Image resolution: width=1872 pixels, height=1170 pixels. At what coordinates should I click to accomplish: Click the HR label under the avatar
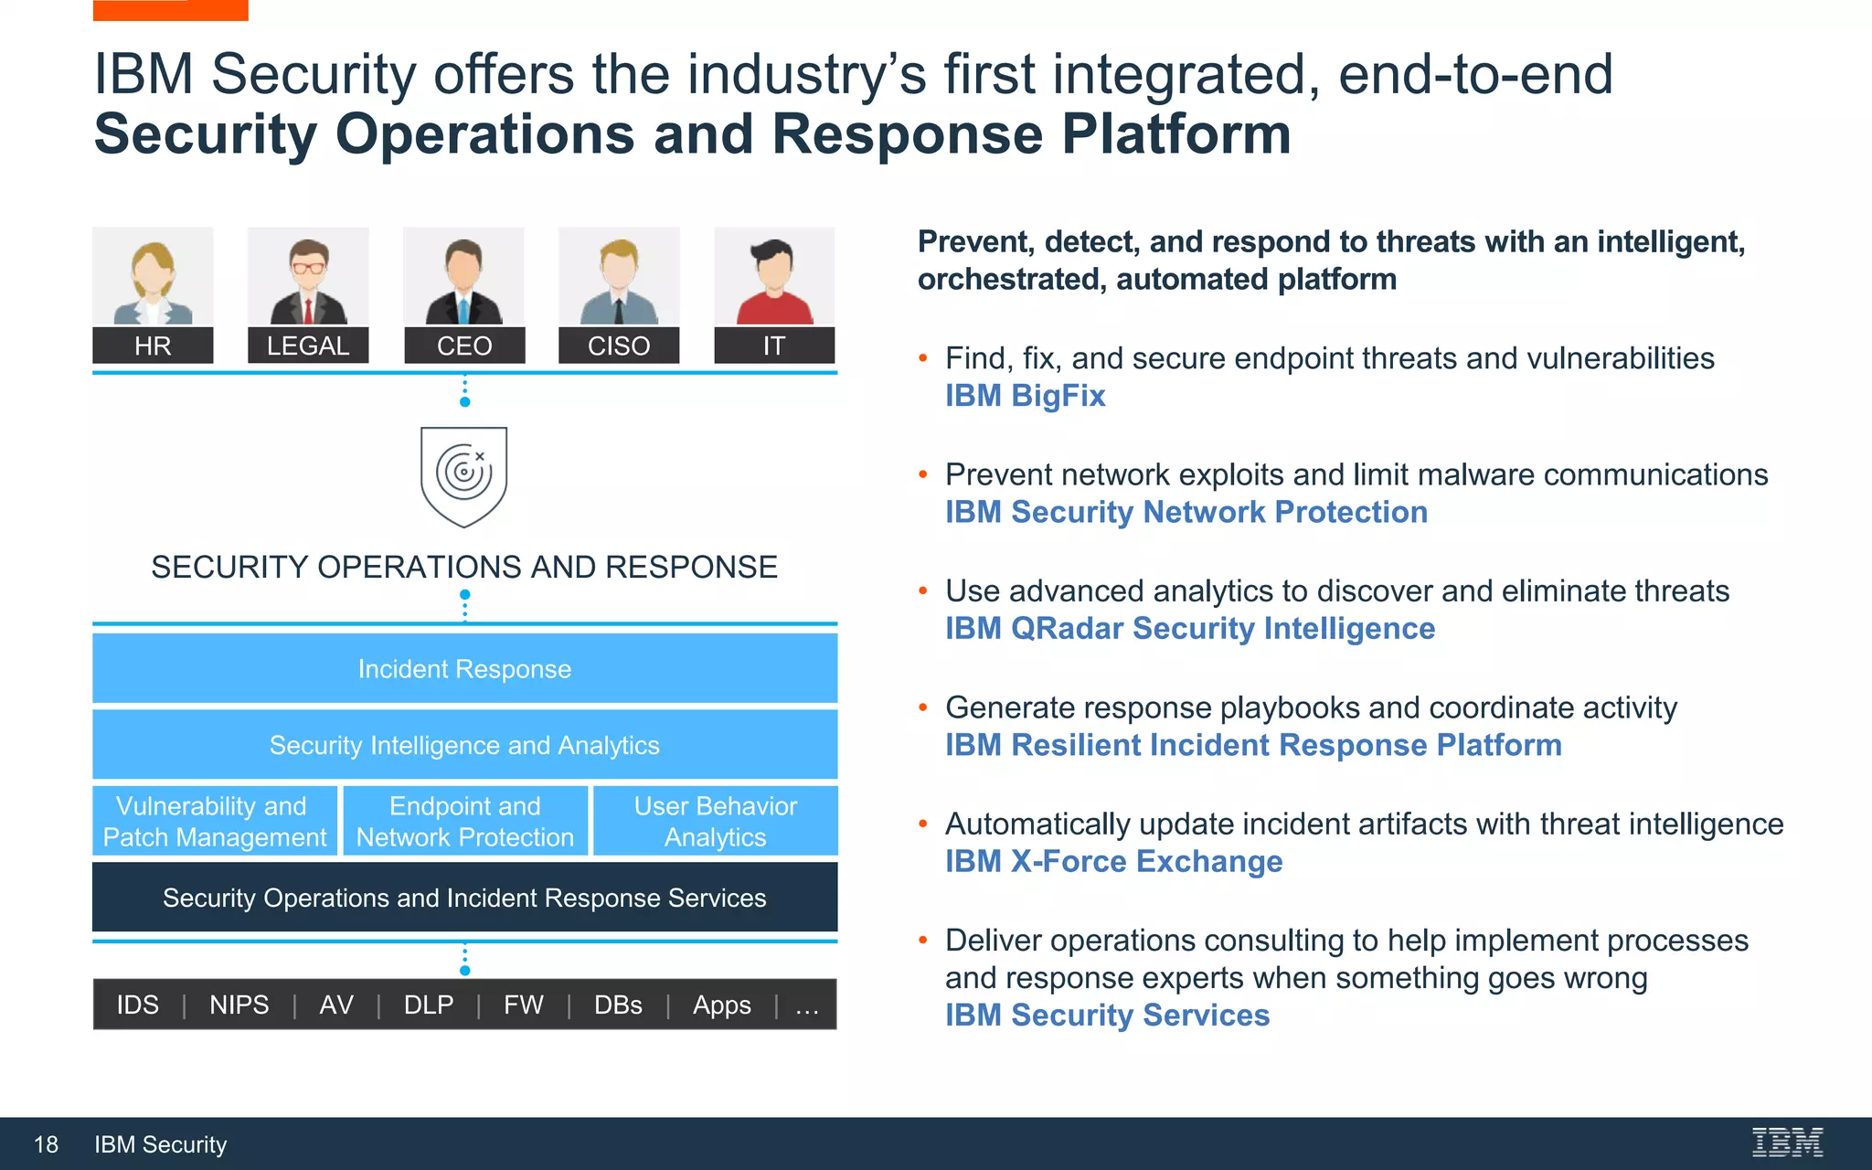click(153, 346)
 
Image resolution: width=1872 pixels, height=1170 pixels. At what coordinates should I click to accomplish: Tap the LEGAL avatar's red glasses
click(308, 268)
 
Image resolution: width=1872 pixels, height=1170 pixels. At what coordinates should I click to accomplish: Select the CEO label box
click(464, 346)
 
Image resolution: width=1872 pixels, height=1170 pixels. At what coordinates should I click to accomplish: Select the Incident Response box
click(464, 669)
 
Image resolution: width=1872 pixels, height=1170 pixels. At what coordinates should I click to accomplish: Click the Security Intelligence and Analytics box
click(464, 745)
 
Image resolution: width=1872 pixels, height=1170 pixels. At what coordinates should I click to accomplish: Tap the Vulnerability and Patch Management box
click(215, 821)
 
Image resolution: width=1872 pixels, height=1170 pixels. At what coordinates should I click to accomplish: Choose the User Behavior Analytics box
click(715, 821)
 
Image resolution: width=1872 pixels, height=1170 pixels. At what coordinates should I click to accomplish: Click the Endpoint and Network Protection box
click(464, 821)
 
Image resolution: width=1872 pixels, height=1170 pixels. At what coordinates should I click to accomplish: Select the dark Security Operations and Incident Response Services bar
click(464, 898)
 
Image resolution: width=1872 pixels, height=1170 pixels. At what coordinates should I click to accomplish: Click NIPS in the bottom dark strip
click(239, 1005)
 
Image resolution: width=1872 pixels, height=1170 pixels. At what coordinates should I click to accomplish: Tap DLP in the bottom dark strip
click(429, 1005)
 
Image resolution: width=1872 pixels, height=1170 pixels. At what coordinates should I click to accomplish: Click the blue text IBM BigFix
click(1025, 396)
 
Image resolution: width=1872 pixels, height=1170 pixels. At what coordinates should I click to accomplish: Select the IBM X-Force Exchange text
click(1113, 861)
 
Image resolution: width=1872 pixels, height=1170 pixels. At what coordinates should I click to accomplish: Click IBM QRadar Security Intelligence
click(1189, 629)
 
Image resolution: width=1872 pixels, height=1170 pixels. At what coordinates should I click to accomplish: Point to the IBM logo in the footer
click(1787, 1143)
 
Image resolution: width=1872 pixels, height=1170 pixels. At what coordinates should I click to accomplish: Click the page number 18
click(46, 1144)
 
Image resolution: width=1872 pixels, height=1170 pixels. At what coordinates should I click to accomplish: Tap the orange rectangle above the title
click(170, 9)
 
